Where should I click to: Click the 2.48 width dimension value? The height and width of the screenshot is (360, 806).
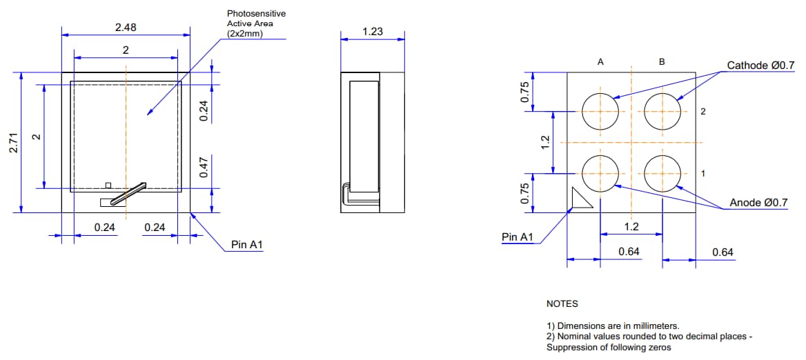(126, 28)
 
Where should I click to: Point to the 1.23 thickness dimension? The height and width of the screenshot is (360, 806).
(373, 32)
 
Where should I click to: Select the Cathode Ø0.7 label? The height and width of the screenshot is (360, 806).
(760, 66)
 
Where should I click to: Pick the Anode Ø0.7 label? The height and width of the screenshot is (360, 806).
(758, 203)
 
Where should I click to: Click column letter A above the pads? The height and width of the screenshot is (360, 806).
(600, 62)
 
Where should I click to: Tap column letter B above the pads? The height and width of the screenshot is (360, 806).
(662, 62)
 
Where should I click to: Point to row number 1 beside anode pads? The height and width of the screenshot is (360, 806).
(702, 173)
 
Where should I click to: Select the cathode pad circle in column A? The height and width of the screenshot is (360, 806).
(600, 111)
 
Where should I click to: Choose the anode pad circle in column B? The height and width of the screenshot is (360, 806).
(662, 172)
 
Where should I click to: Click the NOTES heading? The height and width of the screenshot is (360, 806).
(562, 303)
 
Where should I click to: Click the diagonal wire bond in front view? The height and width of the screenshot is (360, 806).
(129, 194)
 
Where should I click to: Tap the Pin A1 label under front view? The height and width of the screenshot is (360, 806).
(247, 245)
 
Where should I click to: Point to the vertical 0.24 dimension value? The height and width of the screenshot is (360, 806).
(204, 111)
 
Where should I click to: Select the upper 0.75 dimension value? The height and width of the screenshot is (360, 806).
(524, 92)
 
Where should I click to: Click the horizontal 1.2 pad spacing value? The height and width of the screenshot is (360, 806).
(631, 226)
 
